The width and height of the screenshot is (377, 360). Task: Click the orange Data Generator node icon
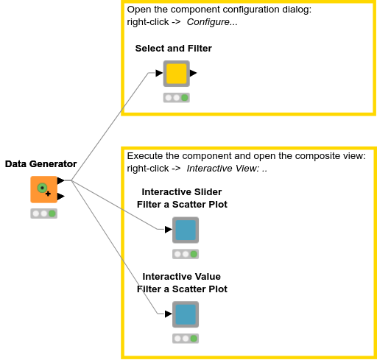[43, 189]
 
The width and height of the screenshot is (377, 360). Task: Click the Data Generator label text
[40, 164]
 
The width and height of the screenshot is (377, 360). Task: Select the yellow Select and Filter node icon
[176, 74]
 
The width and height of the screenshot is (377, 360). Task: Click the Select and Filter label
[173, 49]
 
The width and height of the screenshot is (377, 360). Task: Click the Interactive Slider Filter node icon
[185, 230]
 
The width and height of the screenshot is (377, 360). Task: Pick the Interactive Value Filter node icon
[185, 314]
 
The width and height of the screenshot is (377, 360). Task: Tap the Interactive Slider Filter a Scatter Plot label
[182, 198]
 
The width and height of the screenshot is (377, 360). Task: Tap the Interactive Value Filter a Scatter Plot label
[182, 283]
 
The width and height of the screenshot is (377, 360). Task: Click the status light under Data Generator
[43, 213]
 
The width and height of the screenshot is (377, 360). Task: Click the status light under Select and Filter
[176, 97]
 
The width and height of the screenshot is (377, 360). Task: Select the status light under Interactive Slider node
[185, 254]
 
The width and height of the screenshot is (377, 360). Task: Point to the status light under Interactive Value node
[185, 339]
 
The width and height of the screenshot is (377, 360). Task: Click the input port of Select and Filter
[158, 73]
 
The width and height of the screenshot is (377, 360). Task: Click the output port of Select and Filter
[193, 73]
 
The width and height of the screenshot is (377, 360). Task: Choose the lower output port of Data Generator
[60, 196]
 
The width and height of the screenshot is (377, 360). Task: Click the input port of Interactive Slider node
[168, 230]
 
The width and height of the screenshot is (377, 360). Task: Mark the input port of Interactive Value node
[168, 314]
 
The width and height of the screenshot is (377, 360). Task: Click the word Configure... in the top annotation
[212, 22]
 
